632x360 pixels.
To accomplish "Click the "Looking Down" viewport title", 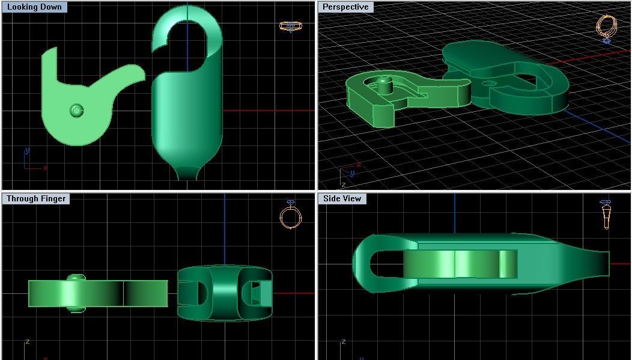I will (x=34, y=7).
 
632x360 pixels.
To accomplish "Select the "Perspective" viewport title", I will (x=345, y=7).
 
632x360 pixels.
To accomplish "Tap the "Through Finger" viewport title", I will (x=36, y=198).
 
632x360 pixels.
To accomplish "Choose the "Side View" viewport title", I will (x=342, y=198).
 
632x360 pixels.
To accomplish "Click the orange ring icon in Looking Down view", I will (x=291, y=26).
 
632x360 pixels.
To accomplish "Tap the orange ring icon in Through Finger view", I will (x=290, y=216).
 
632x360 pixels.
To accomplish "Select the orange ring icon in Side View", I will (x=605, y=214).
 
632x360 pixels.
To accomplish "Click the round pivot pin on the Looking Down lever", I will (x=76, y=111).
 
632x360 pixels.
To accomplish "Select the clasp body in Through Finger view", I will (x=225, y=293).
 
